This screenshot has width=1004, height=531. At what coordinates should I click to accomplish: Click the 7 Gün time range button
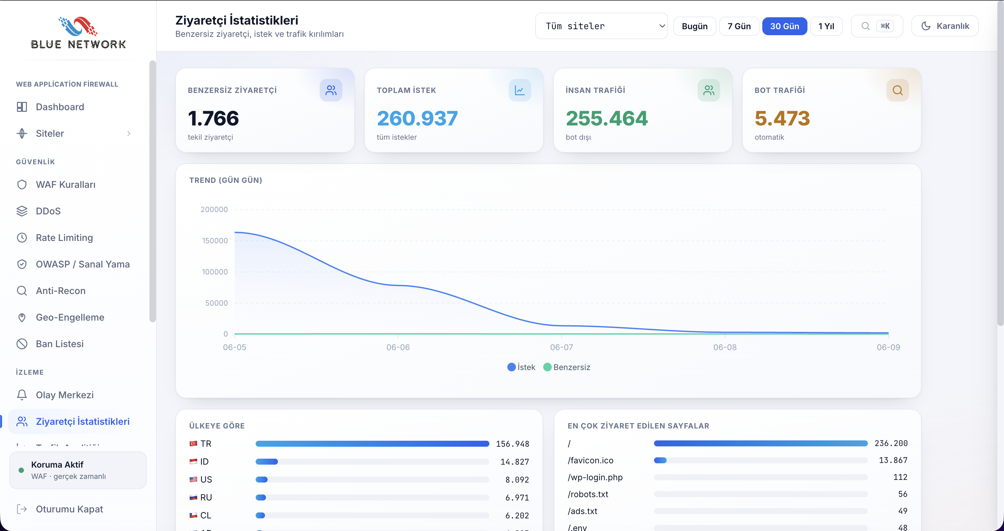point(739,26)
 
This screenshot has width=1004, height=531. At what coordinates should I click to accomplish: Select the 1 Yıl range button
point(826,26)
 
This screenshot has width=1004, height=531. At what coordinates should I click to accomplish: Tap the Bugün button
point(695,26)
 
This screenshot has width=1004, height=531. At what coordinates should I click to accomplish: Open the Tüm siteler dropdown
point(601,26)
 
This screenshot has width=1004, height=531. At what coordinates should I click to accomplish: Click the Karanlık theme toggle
point(945,26)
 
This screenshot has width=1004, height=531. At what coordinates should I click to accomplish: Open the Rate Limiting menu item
point(64,238)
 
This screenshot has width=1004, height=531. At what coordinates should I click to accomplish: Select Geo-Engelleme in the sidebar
point(70,317)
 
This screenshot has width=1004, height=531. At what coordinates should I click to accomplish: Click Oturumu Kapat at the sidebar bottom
point(69,509)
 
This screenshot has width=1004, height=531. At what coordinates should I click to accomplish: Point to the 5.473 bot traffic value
point(782,118)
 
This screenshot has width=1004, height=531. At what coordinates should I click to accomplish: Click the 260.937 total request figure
point(417,118)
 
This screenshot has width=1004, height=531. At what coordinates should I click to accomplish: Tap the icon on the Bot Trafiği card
point(898,90)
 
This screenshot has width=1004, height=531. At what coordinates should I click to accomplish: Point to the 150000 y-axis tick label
point(215,241)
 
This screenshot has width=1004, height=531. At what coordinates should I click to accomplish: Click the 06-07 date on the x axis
point(561,347)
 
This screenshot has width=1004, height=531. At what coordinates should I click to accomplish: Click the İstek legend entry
point(521,367)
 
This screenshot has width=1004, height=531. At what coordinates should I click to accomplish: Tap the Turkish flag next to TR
point(193,444)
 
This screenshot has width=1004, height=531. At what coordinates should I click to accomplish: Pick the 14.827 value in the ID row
point(515,462)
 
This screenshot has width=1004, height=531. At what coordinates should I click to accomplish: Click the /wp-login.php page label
point(595,477)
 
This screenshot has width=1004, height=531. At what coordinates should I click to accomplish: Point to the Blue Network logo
point(78,33)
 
